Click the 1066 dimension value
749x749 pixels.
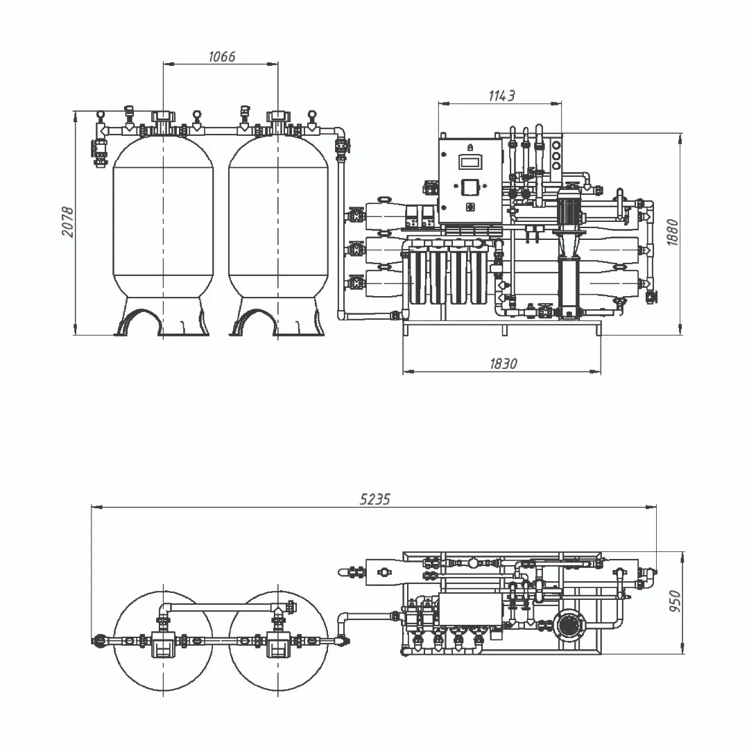click(x=222, y=56)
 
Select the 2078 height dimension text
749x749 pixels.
click(x=68, y=222)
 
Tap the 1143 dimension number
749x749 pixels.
click(x=501, y=96)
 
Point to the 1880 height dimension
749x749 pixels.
click(x=672, y=232)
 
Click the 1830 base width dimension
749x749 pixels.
click(x=503, y=364)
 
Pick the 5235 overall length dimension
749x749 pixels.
click(x=375, y=499)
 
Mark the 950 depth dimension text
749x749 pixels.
click(x=675, y=601)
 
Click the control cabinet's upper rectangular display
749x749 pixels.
click(x=470, y=162)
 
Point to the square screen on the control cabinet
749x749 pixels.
click(x=470, y=187)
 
